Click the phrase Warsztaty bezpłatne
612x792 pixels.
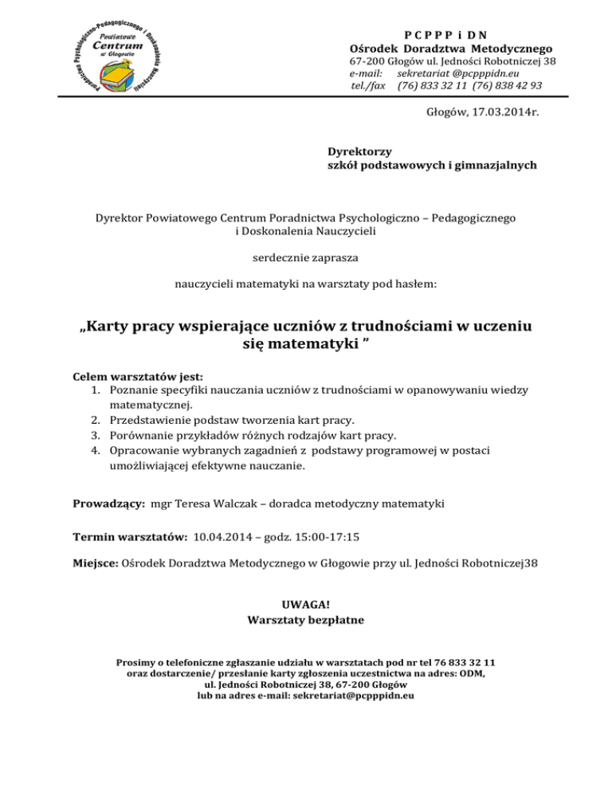[306, 619]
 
